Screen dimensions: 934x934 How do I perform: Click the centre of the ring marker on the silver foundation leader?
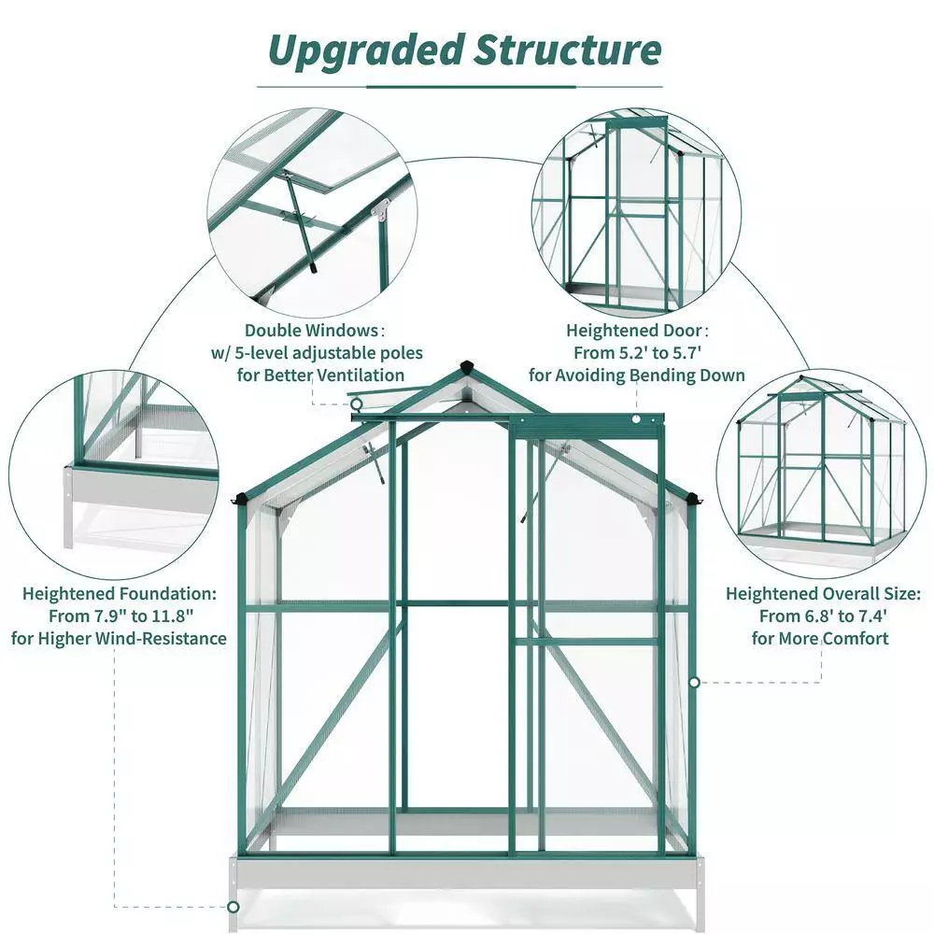point(233,907)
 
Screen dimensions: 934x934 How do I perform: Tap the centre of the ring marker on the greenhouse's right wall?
point(695,682)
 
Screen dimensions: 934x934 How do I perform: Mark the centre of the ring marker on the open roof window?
point(356,404)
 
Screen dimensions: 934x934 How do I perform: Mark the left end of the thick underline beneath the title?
point(366,87)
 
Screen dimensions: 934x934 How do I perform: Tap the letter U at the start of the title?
point(285,51)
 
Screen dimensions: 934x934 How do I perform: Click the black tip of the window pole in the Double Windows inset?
point(313,268)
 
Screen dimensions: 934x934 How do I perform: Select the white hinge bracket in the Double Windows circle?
point(379,209)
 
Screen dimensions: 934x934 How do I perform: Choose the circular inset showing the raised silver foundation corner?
point(114,474)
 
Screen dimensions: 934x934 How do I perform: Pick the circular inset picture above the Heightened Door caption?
point(636,213)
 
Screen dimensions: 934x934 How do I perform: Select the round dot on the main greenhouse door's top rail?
point(636,419)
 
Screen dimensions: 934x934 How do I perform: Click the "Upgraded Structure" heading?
point(464,51)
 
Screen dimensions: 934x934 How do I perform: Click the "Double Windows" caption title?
point(312,330)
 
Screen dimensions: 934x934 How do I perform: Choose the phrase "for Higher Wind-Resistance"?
point(120,639)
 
